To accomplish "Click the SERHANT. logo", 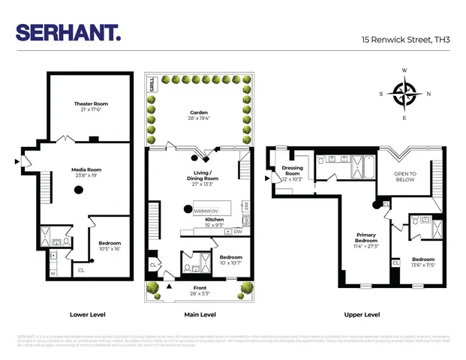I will coord(68,33).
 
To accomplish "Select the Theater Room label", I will coord(90,106).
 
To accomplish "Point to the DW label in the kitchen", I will coord(237,232).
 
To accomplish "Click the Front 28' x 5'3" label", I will coord(200,290).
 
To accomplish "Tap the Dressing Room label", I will coord(291,173).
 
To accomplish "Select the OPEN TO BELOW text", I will coord(404,176).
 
